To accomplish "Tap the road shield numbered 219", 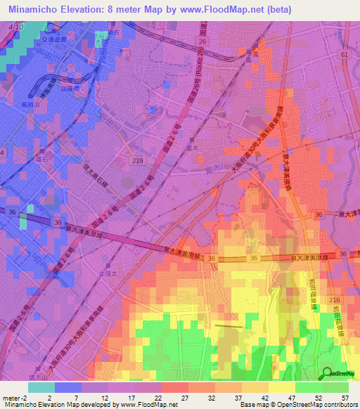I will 139,161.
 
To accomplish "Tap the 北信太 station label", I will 106,273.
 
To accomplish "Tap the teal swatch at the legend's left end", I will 41,387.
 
